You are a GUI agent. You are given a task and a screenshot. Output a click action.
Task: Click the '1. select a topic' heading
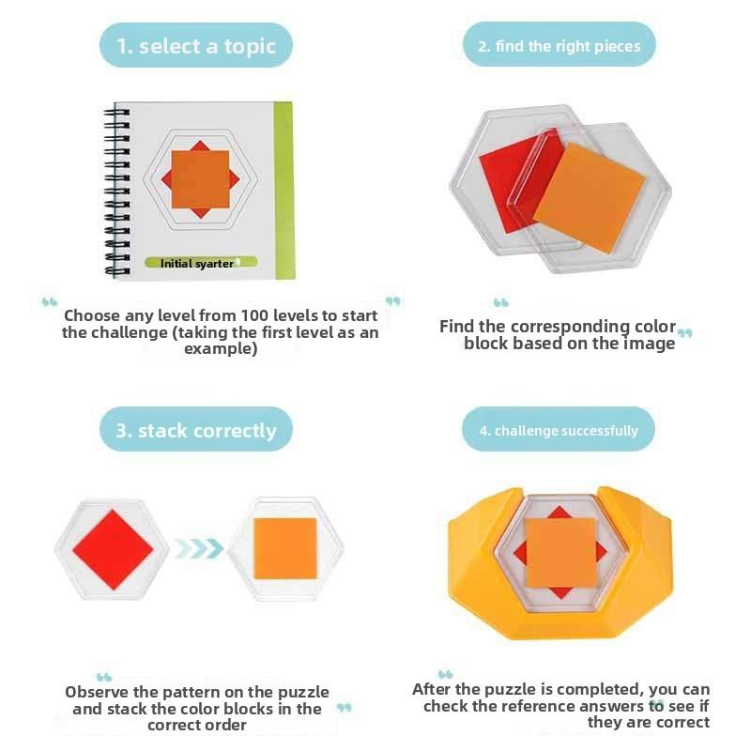(x=195, y=46)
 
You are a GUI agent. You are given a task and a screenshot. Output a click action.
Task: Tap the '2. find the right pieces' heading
(x=559, y=46)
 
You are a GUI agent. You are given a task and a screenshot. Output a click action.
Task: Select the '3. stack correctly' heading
(x=195, y=431)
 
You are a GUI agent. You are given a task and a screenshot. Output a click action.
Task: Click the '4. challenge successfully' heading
(x=559, y=431)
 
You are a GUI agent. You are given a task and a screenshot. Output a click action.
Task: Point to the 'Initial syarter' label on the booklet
(x=196, y=264)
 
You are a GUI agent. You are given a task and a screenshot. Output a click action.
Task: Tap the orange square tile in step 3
(x=285, y=549)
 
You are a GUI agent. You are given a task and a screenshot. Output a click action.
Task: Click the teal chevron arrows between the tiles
(x=198, y=548)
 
